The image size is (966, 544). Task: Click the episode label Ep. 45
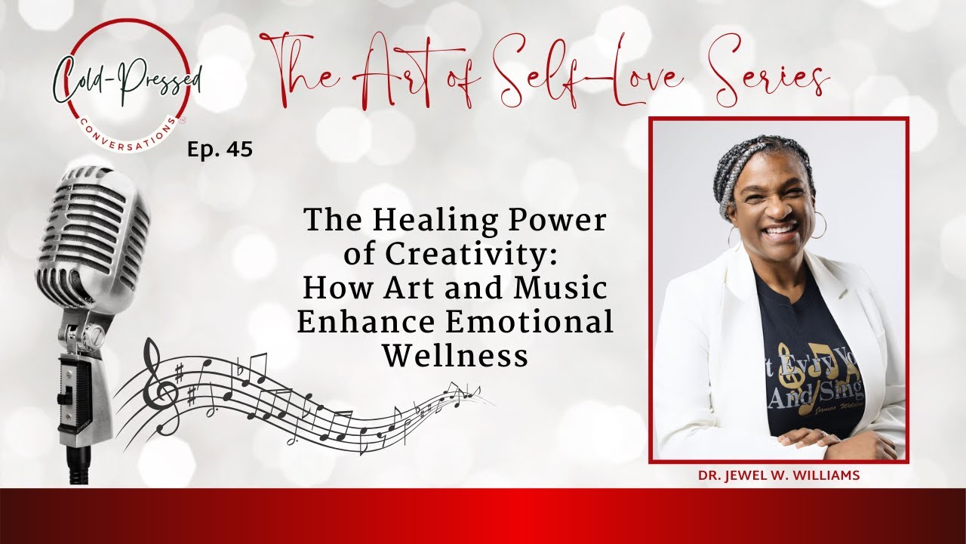[x=220, y=150]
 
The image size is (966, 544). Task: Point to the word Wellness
[x=455, y=355]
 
